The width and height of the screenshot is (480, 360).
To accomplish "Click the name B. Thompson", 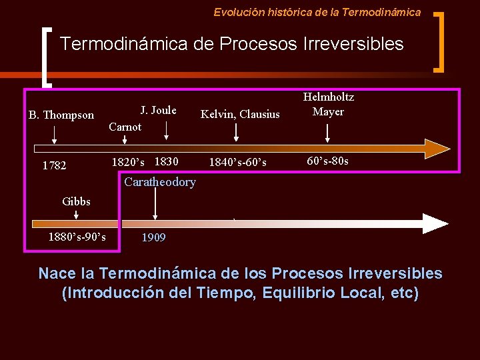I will pos(61,115).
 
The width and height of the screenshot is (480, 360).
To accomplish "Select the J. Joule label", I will pos(158,110).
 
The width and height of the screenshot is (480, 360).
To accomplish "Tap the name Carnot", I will pos(125,127).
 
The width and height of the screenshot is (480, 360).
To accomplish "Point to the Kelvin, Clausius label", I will pos(240,114).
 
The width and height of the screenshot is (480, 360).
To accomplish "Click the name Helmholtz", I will pos(329,97).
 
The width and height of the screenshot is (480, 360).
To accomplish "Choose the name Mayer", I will pos(329,111).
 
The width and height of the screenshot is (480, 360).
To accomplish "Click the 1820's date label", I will pos(128,162).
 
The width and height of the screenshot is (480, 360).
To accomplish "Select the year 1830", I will pos(166,161).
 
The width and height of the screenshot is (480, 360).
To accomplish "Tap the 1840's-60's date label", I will pos(238,162).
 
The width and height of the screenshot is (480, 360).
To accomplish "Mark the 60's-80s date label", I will pos(327,161).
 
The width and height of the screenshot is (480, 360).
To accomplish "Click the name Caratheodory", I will pos(160,182).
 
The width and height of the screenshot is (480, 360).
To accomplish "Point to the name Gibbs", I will pos(76,201).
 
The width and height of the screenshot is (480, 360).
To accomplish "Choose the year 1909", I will pos(153,237).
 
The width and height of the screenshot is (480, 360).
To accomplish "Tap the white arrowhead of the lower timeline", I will pos(437,223).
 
